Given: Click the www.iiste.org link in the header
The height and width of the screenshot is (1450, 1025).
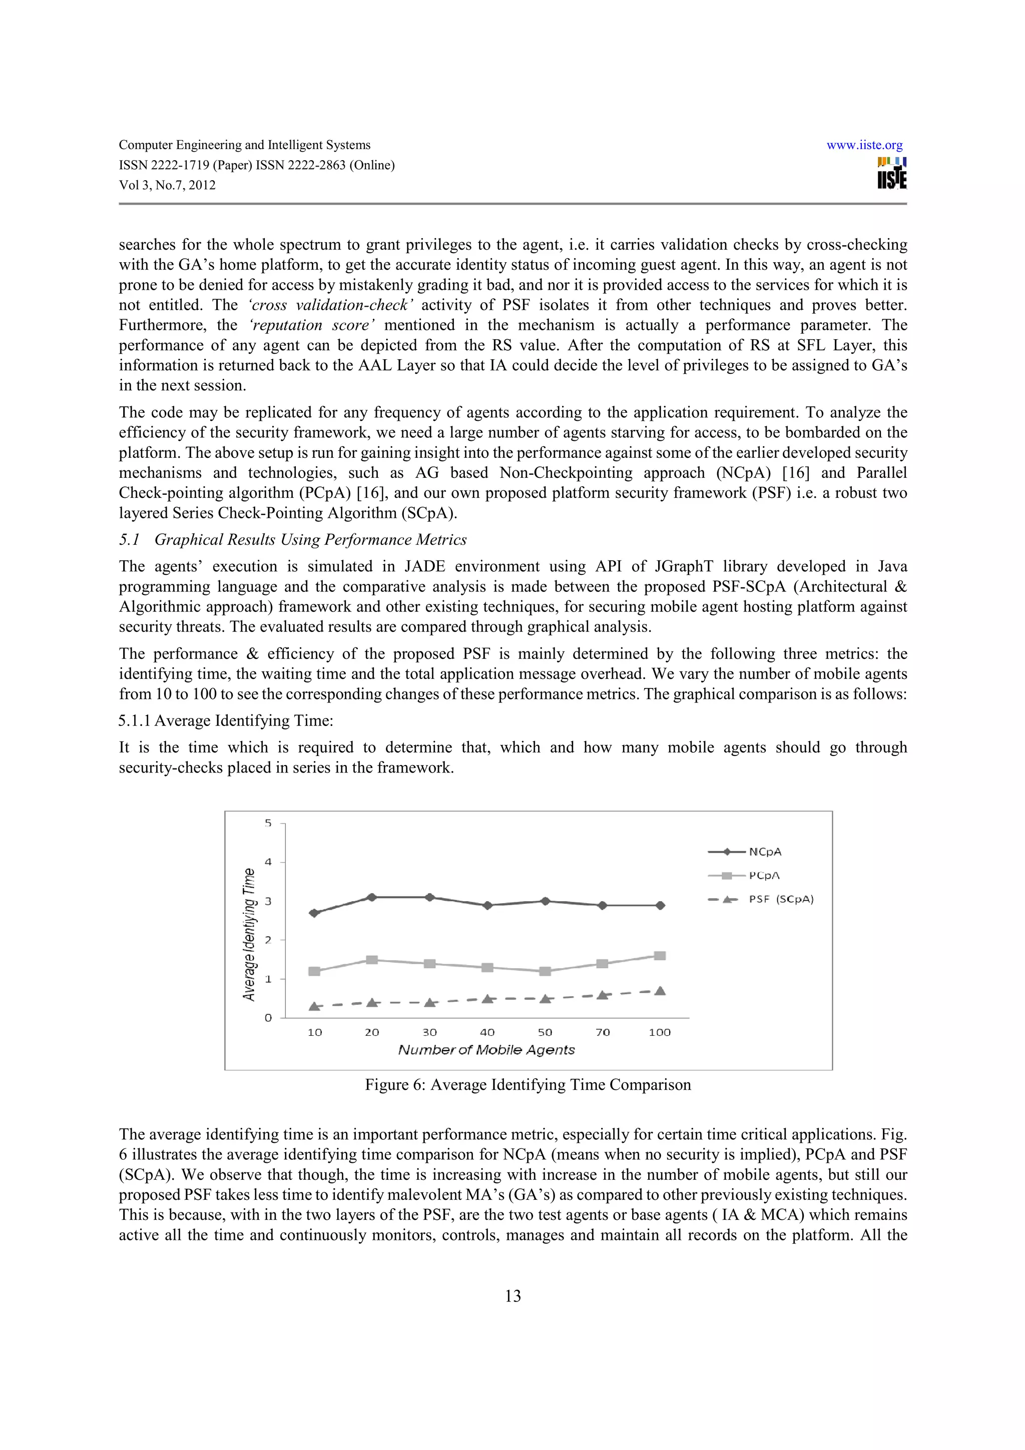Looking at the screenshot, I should tap(864, 145).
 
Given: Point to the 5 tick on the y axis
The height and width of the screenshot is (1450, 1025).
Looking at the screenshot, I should tap(268, 823).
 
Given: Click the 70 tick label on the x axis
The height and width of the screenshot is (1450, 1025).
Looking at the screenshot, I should tap(603, 1032).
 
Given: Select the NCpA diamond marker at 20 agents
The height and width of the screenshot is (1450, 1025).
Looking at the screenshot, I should tap(372, 897).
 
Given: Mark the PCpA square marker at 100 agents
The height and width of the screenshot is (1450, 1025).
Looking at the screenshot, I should tap(660, 956).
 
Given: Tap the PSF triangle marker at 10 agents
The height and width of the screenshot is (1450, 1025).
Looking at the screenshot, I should tap(314, 1006).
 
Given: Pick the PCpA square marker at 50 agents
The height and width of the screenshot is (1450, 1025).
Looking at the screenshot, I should tap(545, 971).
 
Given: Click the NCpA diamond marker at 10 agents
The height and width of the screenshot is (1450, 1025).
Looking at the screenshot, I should tap(314, 913).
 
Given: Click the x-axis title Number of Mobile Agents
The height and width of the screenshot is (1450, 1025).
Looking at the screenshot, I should tap(486, 1050).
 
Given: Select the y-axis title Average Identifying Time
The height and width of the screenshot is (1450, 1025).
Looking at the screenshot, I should tap(249, 934).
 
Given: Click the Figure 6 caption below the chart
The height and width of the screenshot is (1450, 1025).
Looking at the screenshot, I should tap(528, 1085).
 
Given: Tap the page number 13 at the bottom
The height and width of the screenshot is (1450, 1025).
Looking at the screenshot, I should tap(513, 1296).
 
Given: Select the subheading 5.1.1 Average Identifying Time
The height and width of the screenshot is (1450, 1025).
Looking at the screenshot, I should tap(226, 720).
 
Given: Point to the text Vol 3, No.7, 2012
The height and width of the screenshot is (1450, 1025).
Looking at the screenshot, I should tap(167, 185).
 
